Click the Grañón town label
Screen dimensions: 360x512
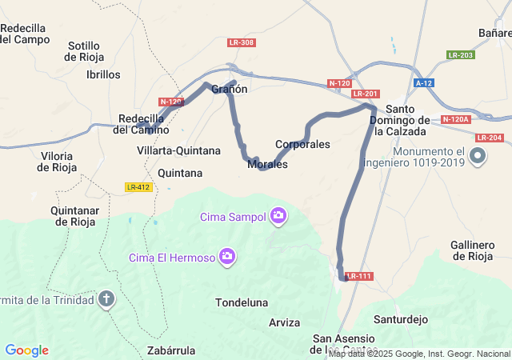pyautogui.click(x=230, y=90)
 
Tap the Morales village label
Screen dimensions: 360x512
pyautogui.click(x=268, y=165)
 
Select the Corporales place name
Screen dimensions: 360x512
pyautogui.click(x=302, y=145)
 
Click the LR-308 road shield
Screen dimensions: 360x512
pyautogui.click(x=241, y=42)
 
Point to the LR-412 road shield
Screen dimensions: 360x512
pyautogui.click(x=138, y=187)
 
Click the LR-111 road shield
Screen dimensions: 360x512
pyautogui.click(x=359, y=276)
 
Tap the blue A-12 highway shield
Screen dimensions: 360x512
pyautogui.click(x=424, y=83)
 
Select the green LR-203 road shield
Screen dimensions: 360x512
pyautogui.click(x=461, y=54)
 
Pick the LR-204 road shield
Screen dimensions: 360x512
pyautogui.click(x=488, y=138)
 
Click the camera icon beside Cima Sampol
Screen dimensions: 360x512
pyautogui.click(x=278, y=214)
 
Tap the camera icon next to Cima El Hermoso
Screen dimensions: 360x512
pyautogui.click(x=228, y=256)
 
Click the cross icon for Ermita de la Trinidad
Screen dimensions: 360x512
pyautogui.click(x=107, y=300)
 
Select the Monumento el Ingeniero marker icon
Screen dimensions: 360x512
pyautogui.click(x=478, y=156)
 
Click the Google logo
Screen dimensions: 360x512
pyautogui.click(x=26, y=350)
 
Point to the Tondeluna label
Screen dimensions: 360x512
pyautogui.click(x=241, y=302)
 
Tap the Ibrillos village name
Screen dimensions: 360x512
pyautogui.click(x=103, y=74)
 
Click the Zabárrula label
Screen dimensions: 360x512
pyautogui.click(x=172, y=350)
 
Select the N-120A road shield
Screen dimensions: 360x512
pyautogui.click(x=455, y=120)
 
